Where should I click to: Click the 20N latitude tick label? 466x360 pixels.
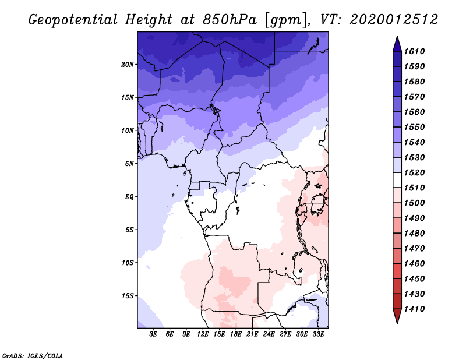[128, 65]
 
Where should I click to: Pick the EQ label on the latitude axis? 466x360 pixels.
[129, 197]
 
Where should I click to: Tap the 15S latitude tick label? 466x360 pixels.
[128, 296]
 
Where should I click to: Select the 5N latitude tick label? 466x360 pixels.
[129, 164]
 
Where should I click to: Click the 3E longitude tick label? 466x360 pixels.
[154, 335]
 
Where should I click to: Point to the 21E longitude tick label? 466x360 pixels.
[252, 335]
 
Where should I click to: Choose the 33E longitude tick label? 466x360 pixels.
[318, 335]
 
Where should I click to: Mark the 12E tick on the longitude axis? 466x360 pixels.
[203, 335]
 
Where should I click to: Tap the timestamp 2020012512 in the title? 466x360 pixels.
[394, 20]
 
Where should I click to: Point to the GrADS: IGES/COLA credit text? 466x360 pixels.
[33, 355]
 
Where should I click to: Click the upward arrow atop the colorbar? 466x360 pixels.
[397, 43]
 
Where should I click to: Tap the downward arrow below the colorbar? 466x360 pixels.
[397, 316]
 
